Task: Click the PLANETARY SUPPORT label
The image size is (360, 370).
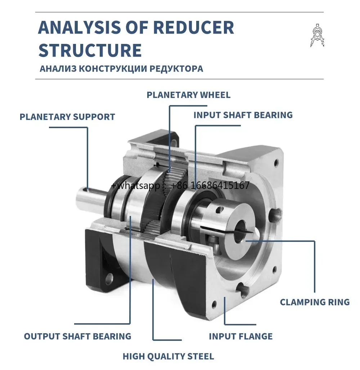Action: click(67, 117)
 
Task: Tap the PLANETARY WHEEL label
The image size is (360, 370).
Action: click(188, 95)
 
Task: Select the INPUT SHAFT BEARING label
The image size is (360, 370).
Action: click(243, 115)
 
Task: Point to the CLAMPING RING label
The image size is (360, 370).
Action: click(315, 302)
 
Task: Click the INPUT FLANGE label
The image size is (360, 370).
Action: click(240, 337)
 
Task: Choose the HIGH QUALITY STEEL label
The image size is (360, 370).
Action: click(168, 357)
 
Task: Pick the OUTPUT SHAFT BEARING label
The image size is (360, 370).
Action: click(77, 337)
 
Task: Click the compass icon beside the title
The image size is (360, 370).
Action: click(316, 35)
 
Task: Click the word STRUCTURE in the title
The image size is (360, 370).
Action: click(90, 50)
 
